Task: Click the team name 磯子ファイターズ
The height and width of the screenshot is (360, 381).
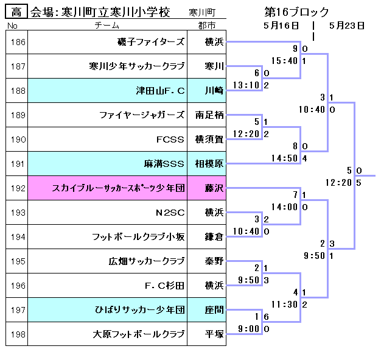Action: pyautogui.click(x=150, y=42)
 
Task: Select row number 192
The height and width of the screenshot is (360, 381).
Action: pyautogui.click(x=16, y=188)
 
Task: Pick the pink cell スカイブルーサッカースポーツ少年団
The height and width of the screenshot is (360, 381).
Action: pyautogui.click(x=118, y=188)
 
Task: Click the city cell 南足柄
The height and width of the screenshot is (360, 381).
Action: pyautogui.click(x=207, y=115)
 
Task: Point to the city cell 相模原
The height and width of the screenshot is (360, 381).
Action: pyautogui.click(x=207, y=164)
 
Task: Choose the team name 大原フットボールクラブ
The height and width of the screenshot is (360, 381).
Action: pyautogui.click(x=139, y=334)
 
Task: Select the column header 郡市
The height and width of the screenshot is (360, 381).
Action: pyautogui.click(x=206, y=26)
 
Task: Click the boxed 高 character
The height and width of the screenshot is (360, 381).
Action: pyautogui.click(x=16, y=12)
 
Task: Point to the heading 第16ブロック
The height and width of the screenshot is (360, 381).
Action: pyautogui.click(x=297, y=12)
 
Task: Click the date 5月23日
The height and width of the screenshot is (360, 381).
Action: pyautogui.click(x=346, y=26)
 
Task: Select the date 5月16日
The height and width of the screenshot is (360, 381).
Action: pyautogui.click(x=281, y=26)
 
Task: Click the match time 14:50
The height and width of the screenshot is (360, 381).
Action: pyautogui.click(x=284, y=158)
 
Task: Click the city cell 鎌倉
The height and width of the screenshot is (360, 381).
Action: pyautogui.click(x=207, y=237)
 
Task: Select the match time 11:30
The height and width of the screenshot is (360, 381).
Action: pyautogui.click(x=284, y=304)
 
